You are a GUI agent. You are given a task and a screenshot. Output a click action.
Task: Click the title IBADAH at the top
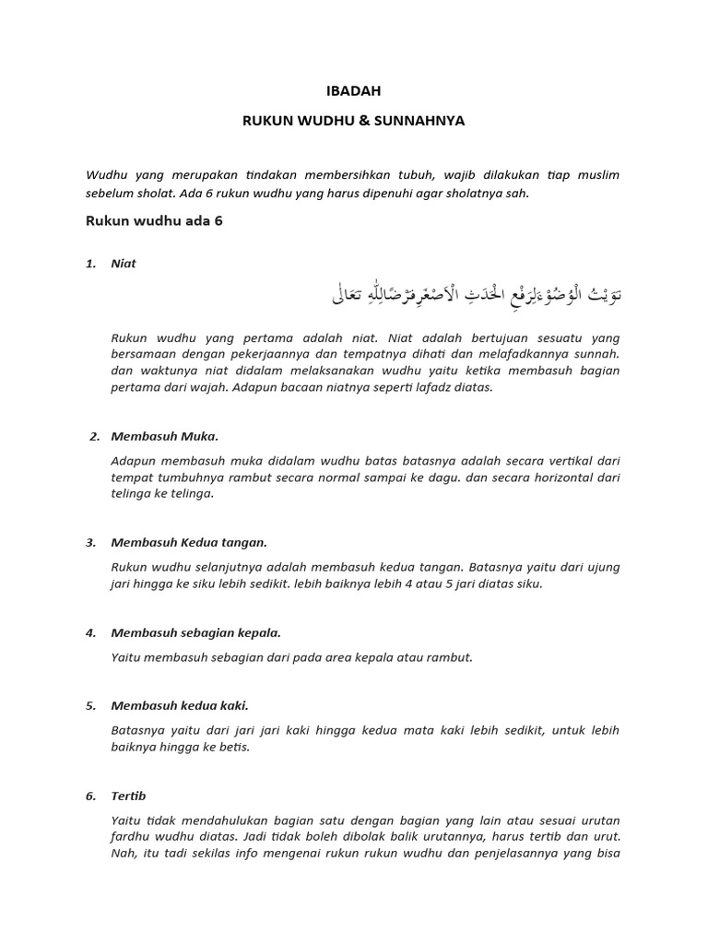354,91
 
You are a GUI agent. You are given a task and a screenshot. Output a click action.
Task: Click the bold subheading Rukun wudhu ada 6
154,221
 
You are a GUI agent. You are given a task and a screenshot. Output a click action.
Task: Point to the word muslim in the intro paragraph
596,175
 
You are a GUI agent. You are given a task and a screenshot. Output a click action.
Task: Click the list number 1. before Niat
90,264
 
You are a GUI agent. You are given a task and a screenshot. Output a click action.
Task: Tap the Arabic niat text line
476,296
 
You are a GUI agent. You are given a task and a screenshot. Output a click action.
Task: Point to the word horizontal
553,478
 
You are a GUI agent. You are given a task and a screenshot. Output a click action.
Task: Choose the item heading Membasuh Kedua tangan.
189,543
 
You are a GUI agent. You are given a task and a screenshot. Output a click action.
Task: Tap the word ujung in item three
601,568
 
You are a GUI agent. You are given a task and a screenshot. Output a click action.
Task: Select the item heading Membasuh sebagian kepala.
195,633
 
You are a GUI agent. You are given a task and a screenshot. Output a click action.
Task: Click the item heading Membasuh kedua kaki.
180,706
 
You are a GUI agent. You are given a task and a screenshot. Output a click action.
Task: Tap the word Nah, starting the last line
123,854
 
